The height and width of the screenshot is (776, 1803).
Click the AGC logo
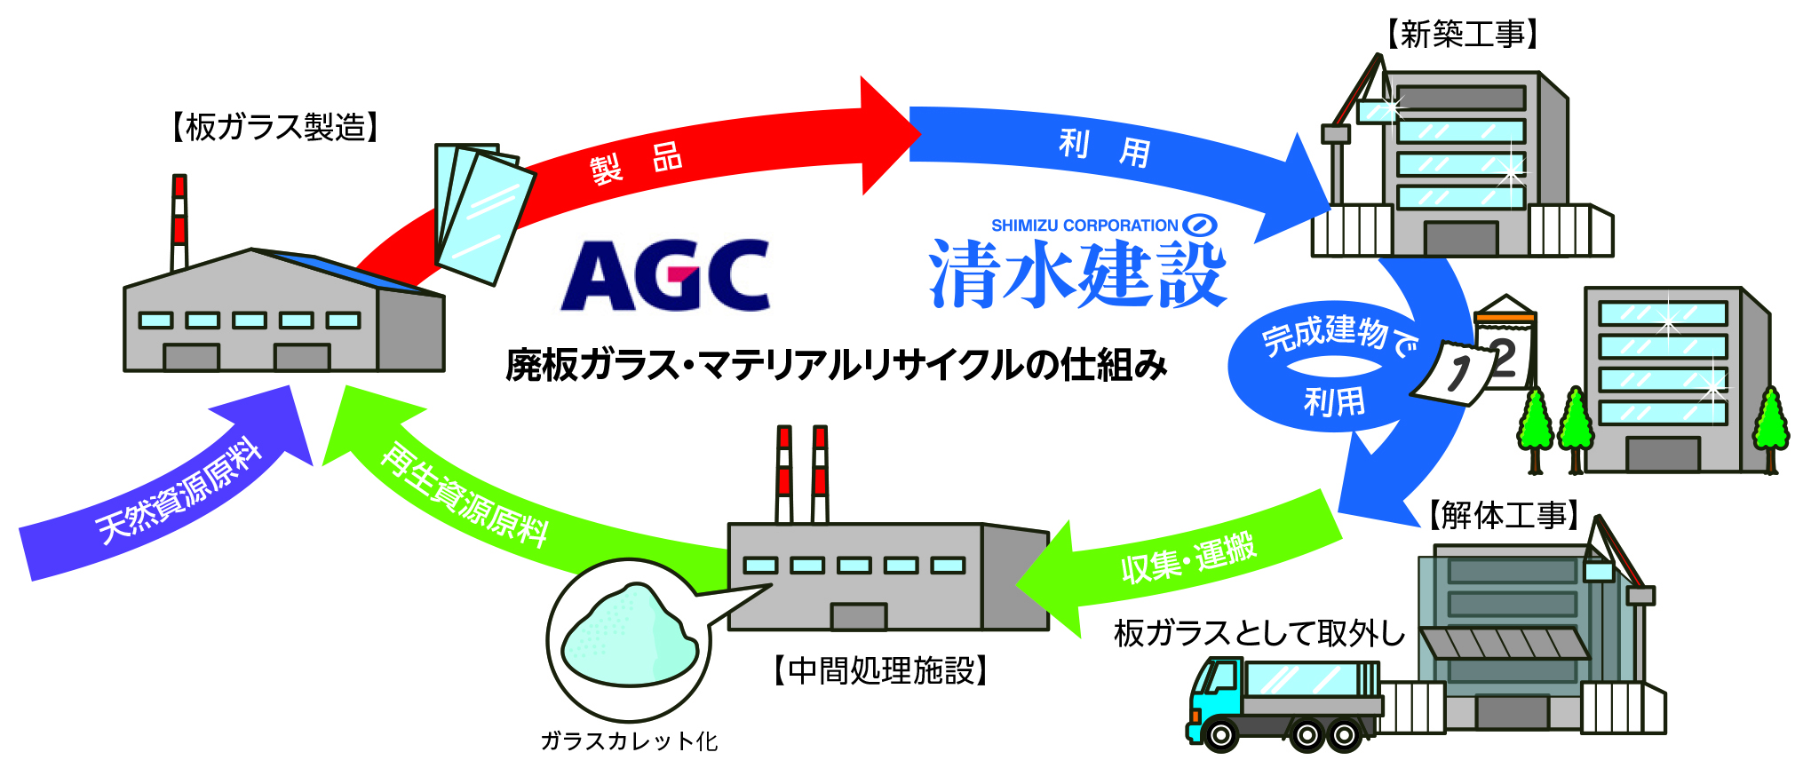(665, 275)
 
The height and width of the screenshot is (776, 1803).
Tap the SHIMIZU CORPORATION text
(1084, 226)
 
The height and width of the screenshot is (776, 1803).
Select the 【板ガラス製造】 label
(275, 128)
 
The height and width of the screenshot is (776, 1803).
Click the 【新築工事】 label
(1462, 35)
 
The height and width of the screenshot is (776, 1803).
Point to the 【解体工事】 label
(1503, 515)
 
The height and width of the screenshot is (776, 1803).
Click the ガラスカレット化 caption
(629, 741)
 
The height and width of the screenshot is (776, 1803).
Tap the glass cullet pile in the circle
(627, 635)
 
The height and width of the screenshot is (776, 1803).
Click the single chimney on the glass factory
(179, 222)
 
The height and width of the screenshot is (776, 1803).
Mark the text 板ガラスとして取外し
(1259, 633)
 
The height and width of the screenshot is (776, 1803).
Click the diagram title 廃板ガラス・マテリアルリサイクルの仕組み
(836, 365)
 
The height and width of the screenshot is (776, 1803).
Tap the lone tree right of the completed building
(1770, 426)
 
